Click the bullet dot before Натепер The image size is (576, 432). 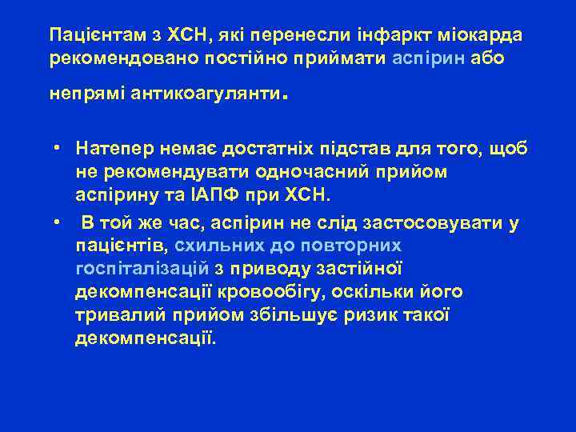tap(58, 148)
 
